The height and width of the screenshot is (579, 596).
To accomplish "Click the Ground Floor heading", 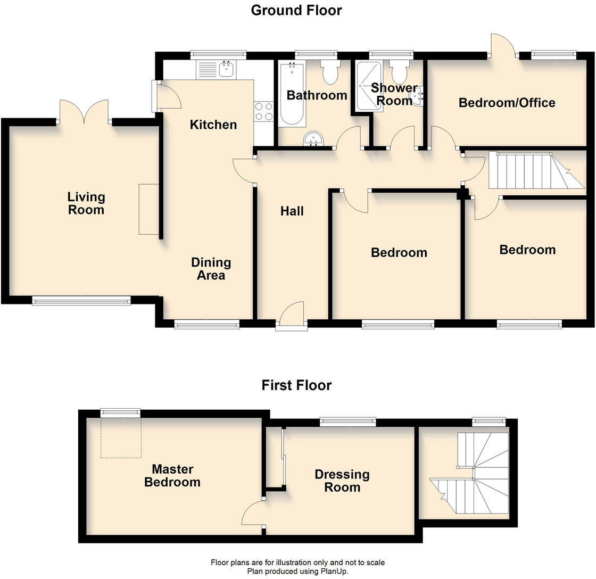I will tap(296, 10).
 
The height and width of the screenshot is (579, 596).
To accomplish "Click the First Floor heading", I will tap(296, 385).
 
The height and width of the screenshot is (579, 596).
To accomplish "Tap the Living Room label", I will tap(86, 203).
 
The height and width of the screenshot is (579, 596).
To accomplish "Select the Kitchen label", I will tap(213, 125).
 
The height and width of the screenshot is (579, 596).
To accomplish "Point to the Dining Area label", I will tap(211, 269).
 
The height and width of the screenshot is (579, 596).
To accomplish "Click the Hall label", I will tap(292, 211).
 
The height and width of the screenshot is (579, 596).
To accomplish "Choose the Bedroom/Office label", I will tap(507, 103).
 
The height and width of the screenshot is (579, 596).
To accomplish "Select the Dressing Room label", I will tap(342, 481).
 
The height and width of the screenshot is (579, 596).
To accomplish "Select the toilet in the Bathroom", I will tap(330, 73).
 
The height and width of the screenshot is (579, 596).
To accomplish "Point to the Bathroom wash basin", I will tap(315, 139).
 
